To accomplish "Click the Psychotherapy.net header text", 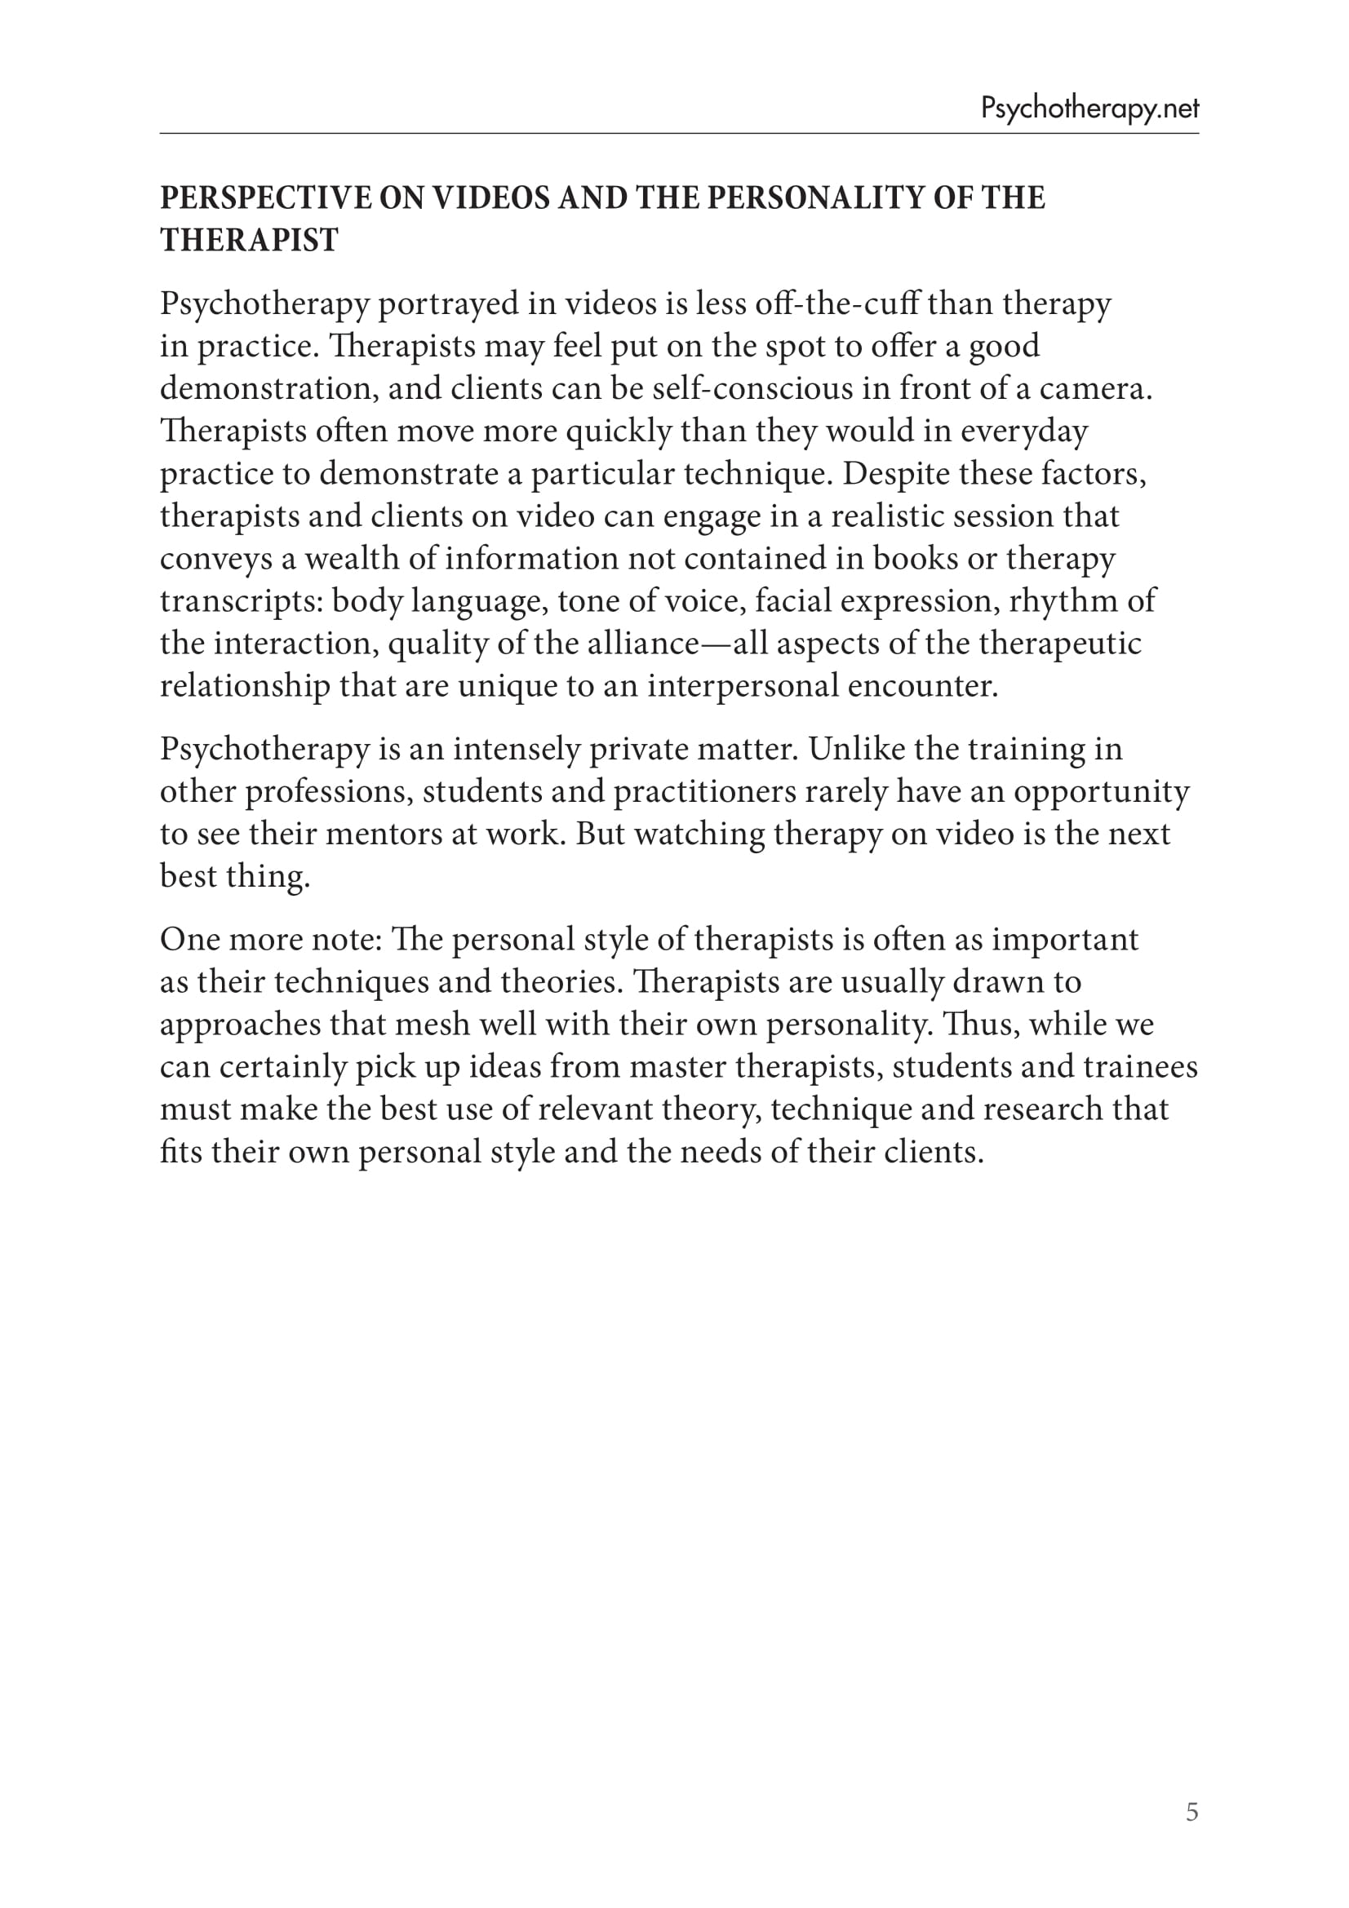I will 1089,108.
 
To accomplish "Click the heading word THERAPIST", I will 249,241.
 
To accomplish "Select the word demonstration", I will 266,388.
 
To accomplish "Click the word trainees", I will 1140,1067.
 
